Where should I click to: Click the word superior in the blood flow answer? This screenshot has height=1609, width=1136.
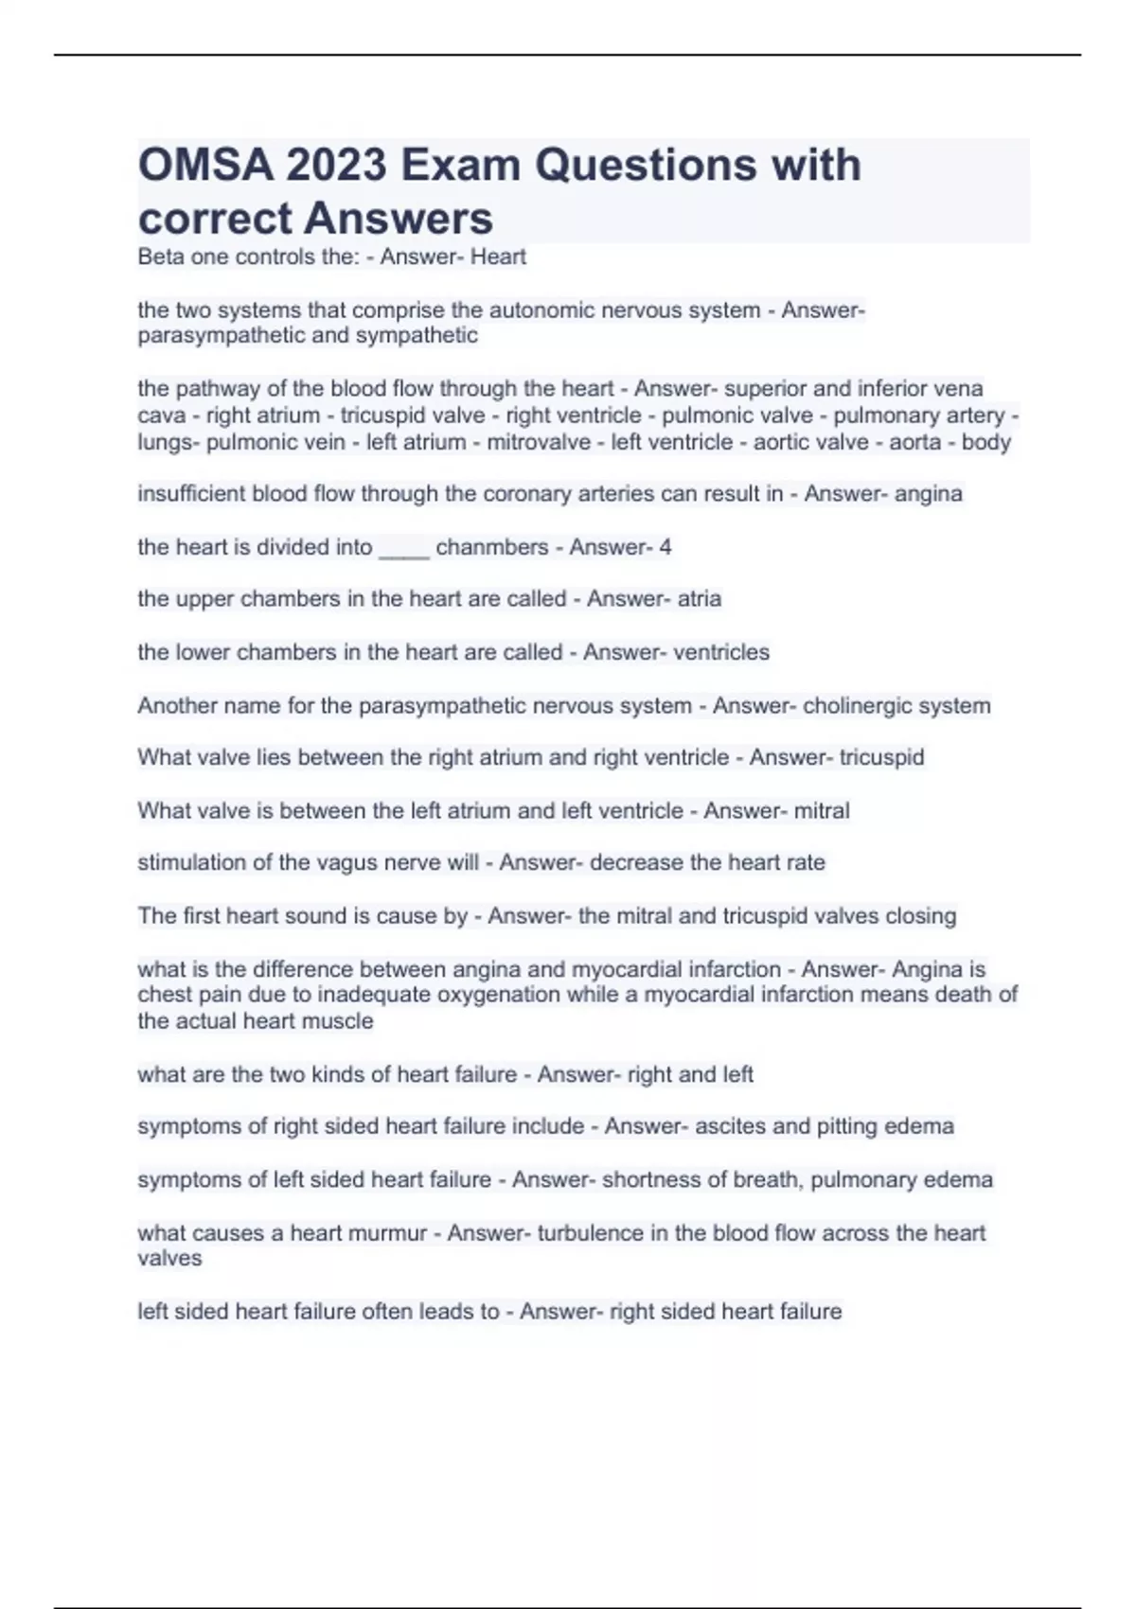click(764, 388)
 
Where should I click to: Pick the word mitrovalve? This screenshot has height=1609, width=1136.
click(539, 442)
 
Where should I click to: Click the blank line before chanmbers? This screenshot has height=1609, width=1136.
click(404, 549)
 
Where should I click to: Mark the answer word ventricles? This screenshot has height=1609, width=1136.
click(722, 652)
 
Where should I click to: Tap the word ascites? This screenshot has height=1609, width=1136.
click(732, 1126)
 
